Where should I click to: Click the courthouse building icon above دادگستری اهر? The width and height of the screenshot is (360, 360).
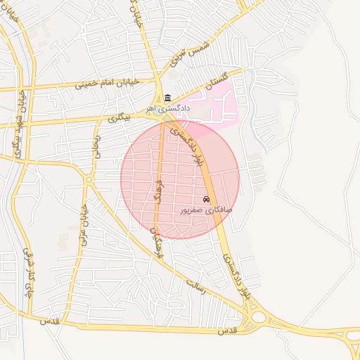167,98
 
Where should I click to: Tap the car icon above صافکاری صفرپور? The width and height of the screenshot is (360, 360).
206,200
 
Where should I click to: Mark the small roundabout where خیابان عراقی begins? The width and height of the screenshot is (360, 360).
89,180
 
